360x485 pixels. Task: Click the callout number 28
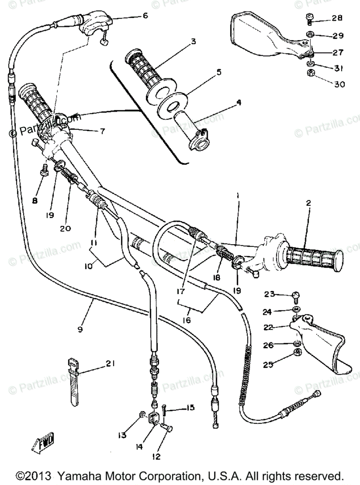pyautogui.click(x=337, y=18)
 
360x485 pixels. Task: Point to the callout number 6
pyautogui.click(x=134, y=16)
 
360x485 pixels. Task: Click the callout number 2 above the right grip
pyautogui.click(x=308, y=203)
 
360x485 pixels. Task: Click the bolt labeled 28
pyautogui.click(x=309, y=17)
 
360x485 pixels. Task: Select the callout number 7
pyautogui.click(x=102, y=131)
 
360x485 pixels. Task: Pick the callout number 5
pyautogui.click(x=219, y=72)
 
